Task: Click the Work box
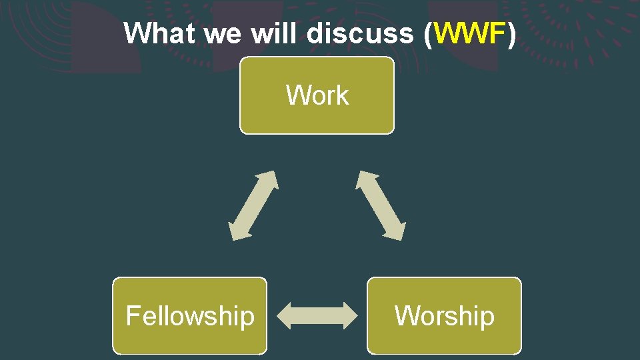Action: click(x=317, y=95)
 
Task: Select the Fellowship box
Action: click(x=189, y=315)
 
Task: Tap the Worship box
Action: click(x=444, y=315)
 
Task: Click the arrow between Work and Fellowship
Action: click(x=253, y=205)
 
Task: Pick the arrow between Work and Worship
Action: click(x=381, y=205)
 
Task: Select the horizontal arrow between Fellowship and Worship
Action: click(x=317, y=315)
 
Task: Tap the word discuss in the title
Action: click(x=360, y=33)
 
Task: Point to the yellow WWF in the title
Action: click(x=469, y=33)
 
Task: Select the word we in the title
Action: click(x=223, y=33)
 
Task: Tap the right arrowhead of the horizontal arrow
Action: click(x=349, y=315)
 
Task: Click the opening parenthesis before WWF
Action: click(x=427, y=33)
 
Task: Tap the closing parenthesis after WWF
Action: click(x=511, y=33)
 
